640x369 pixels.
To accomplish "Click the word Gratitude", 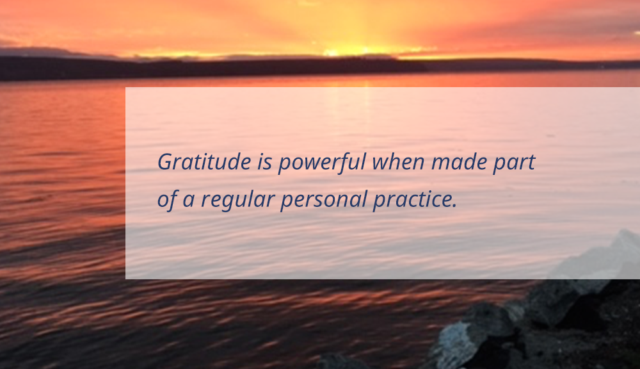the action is pyautogui.click(x=204, y=161).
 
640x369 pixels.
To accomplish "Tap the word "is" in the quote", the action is pyautogui.click(x=264, y=162).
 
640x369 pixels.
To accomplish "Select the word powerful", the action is pyautogui.click(x=322, y=163).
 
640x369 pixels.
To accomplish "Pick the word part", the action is pyautogui.click(x=514, y=163).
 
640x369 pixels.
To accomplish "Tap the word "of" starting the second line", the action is pyautogui.click(x=166, y=200).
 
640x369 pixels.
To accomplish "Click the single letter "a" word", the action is pyautogui.click(x=188, y=201).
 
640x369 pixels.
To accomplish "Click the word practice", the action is pyautogui.click(x=412, y=201).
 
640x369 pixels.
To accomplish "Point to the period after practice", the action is pyautogui.click(x=454, y=206).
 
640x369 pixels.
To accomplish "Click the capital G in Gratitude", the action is pyautogui.click(x=165, y=161).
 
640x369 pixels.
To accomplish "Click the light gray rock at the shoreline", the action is pyautogui.click(x=453, y=337).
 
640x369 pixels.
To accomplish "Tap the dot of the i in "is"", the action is pyautogui.click(x=262, y=154).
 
